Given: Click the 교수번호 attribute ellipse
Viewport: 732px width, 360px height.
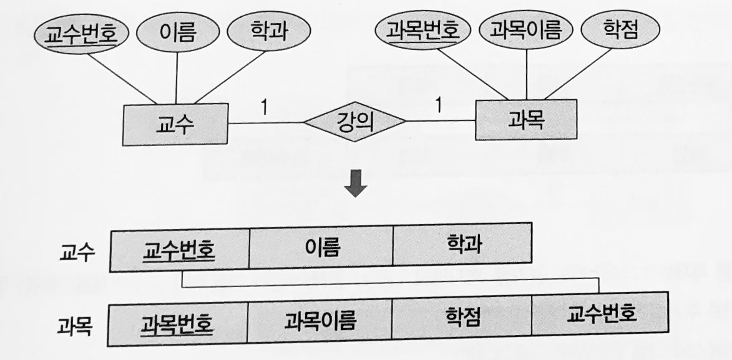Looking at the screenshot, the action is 82,31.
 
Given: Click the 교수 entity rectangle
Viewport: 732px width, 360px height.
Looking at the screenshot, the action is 175,124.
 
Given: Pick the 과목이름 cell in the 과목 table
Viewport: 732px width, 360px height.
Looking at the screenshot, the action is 320,321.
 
